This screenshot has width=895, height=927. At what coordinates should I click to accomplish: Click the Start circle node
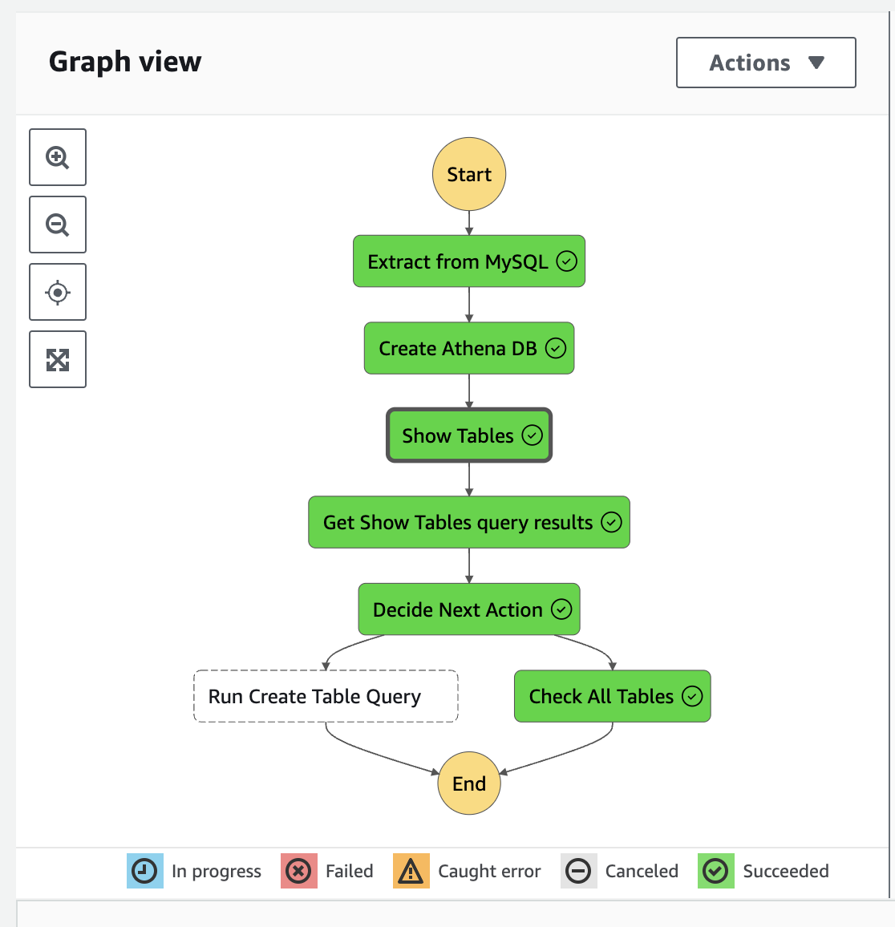click(469, 174)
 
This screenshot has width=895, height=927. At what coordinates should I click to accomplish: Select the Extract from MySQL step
click(469, 261)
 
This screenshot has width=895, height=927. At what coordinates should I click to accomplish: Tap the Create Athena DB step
click(469, 348)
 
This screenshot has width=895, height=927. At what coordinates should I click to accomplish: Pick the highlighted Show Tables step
click(469, 435)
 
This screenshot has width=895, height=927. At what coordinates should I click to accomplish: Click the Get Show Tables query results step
click(469, 522)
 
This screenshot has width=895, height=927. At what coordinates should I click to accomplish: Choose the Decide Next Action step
click(469, 609)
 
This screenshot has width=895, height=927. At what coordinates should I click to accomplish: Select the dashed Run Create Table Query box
click(326, 696)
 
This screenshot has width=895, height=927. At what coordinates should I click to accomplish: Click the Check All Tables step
click(612, 696)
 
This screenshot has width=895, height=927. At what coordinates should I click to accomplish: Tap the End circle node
click(469, 783)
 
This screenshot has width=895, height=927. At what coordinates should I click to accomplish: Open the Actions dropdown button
click(766, 63)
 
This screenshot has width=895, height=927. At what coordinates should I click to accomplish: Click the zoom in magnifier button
click(58, 157)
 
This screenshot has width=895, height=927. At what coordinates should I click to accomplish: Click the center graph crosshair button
click(58, 292)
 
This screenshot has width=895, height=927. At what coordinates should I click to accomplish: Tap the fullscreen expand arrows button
click(58, 359)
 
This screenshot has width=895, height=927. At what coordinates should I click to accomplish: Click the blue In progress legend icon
click(144, 871)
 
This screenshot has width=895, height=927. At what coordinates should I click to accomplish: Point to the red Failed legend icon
click(298, 871)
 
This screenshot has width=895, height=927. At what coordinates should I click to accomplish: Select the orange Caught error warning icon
click(411, 871)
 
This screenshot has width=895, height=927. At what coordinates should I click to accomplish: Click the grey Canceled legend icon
click(578, 871)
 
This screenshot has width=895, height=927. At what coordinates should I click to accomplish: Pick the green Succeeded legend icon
click(715, 871)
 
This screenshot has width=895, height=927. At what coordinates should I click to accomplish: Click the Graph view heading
click(125, 62)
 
